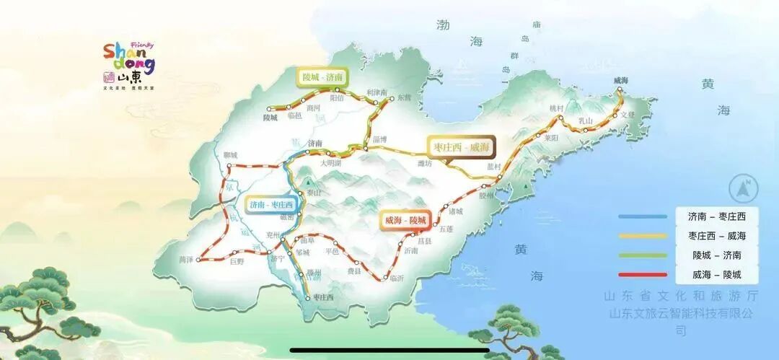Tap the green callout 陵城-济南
click(322, 77)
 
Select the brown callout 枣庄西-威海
click(460, 147)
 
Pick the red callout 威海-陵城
click(405, 219)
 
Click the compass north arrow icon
click(744, 189)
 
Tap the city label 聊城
click(230, 155)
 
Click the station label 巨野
click(237, 262)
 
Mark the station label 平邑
click(332, 252)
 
